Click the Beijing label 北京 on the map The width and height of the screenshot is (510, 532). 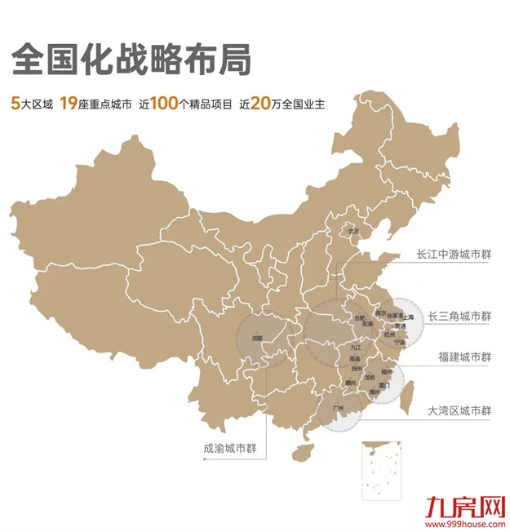(353, 231)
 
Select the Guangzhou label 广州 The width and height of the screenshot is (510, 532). (340, 406)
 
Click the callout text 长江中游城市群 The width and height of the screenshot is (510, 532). (455, 254)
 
